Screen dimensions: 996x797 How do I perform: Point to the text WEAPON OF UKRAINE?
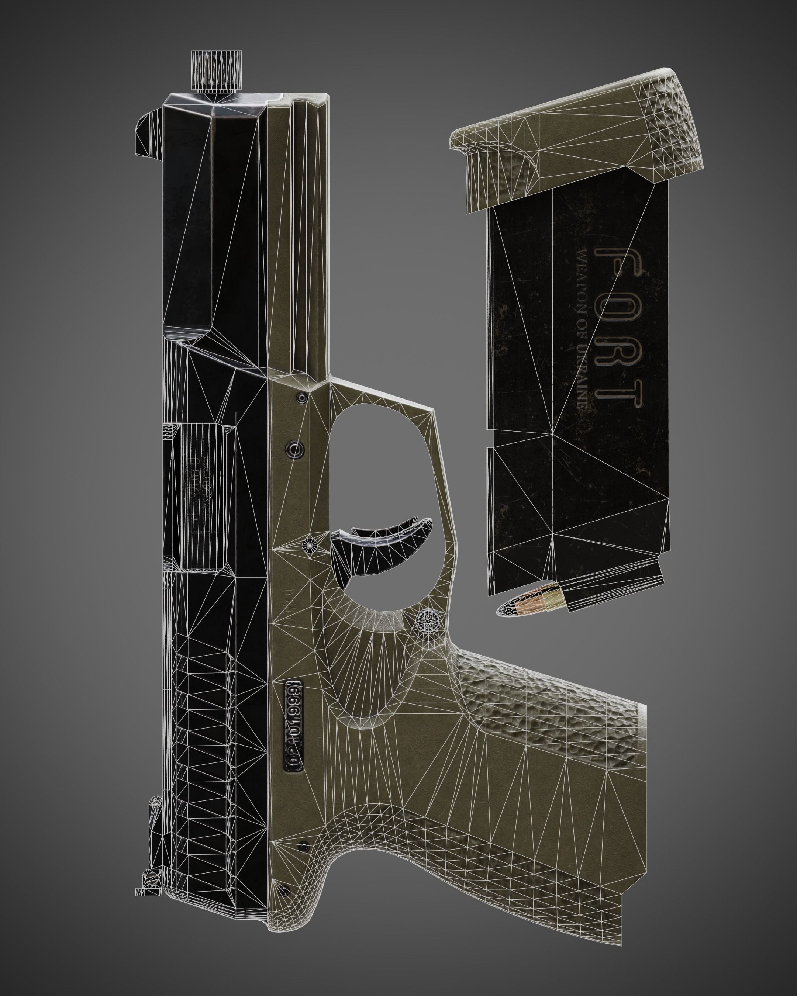click(x=582, y=328)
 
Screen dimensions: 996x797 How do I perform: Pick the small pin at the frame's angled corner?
click(x=303, y=397)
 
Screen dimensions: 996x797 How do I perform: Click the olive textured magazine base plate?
click(x=577, y=139)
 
